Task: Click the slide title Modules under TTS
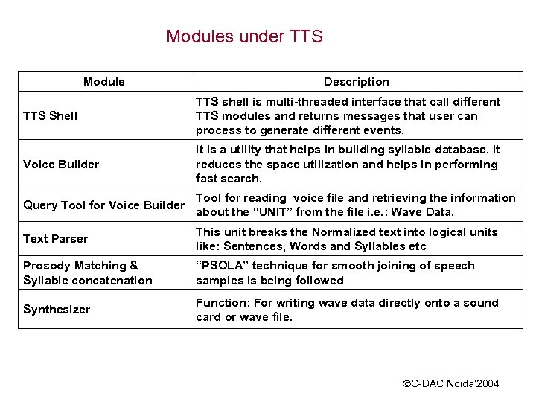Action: tap(244, 36)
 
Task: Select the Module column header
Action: tap(104, 81)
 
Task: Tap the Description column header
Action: tap(356, 81)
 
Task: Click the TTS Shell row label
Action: tap(51, 116)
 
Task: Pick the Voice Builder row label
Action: tap(61, 164)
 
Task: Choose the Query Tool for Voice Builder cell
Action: tap(103, 205)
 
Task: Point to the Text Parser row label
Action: tap(55, 239)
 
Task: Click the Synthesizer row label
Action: tap(57, 310)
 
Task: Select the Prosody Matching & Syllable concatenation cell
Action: tap(87, 272)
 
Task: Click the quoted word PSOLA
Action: tap(223, 266)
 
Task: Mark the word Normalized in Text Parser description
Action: tap(345, 232)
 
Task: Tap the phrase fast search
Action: tap(229, 179)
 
